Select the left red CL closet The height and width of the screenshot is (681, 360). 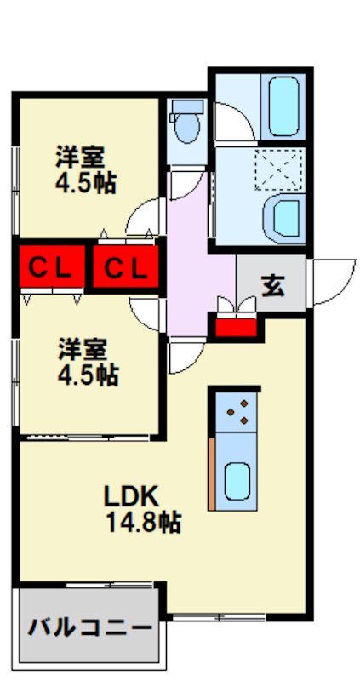click(x=49, y=267)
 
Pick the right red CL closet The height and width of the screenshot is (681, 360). click(x=125, y=267)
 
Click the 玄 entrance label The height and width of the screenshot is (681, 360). click(x=272, y=285)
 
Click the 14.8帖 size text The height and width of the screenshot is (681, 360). click(x=142, y=521)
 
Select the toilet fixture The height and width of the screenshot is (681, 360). click(x=185, y=125)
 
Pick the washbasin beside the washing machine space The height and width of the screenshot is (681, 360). click(x=283, y=218)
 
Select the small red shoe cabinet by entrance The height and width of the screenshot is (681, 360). click(x=236, y=325)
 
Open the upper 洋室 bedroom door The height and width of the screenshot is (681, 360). click(x=146, y=218)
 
